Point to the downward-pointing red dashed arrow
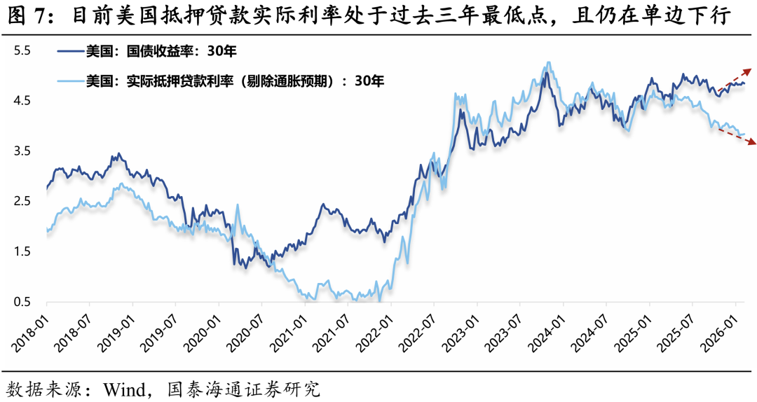tap(736, 137)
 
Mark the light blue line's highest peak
tap(547, 62)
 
